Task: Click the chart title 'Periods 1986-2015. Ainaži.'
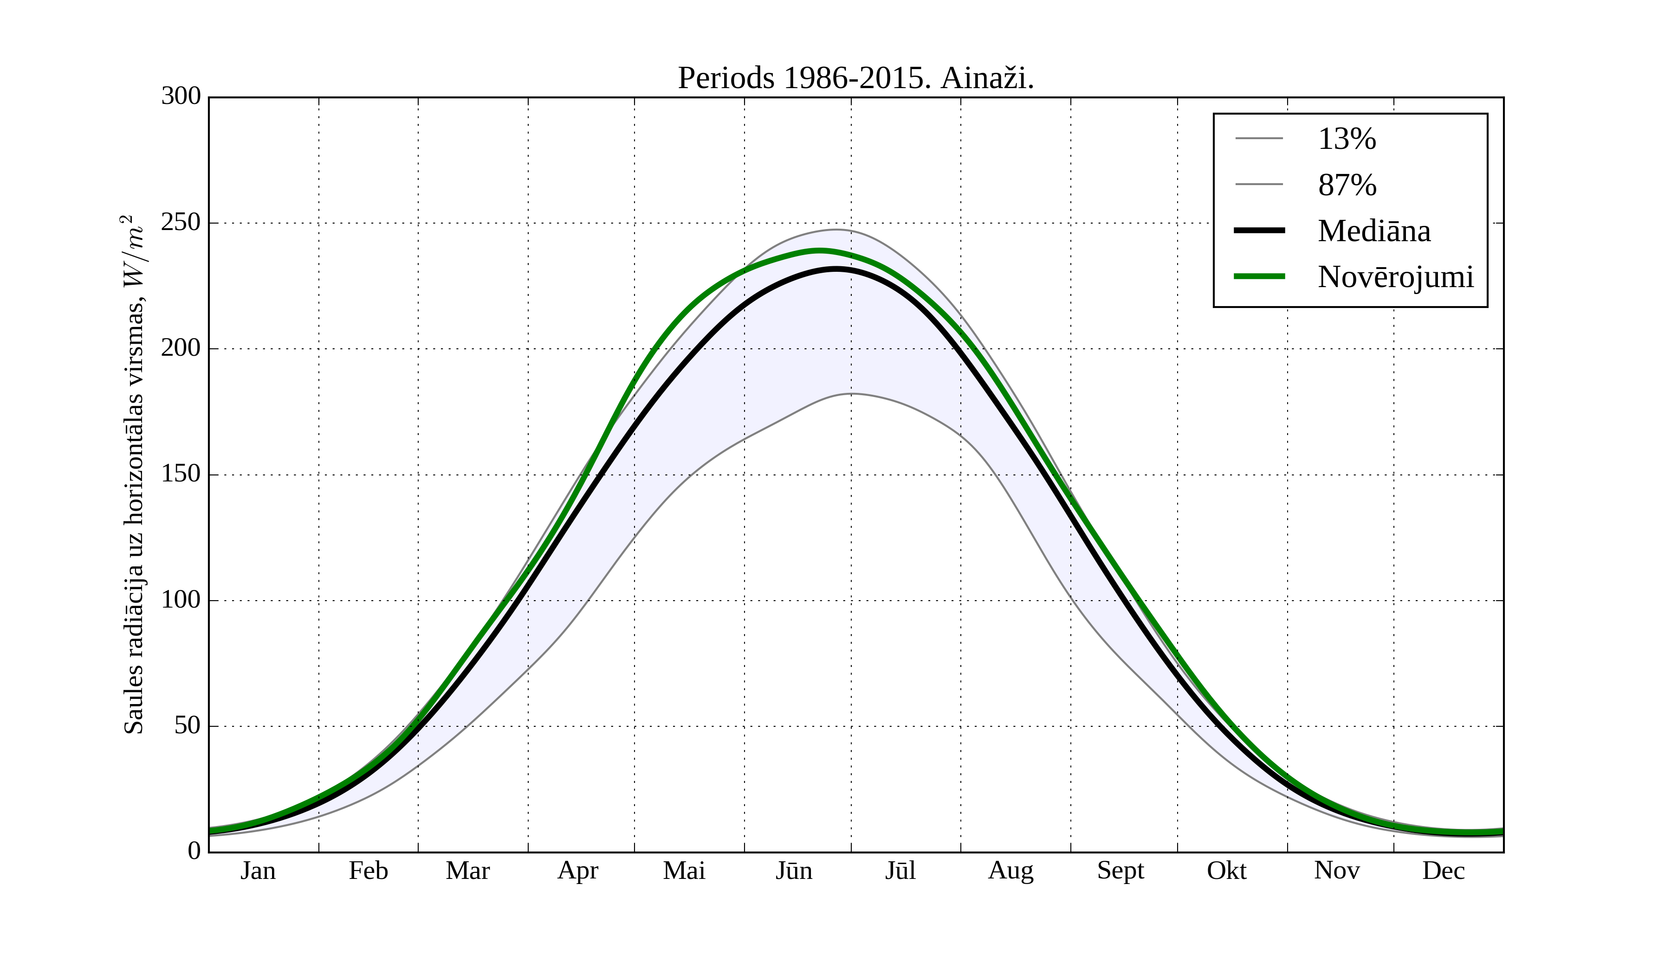pyautogui.click(x=855, y=78)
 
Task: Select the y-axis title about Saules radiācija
pyautogui.click(x=134, y=474)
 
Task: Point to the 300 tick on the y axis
pyautogui.click(x=181, y=97)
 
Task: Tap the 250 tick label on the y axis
pyautogui.click(x=181, y=223)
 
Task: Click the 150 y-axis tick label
pyautogui.click(x=181, y=474)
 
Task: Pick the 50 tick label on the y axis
pyautogui.click(x=187, y=726)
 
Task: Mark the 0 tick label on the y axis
pyautogui.click(x=194, y=851)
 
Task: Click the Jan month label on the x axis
pyautogui.click(x=258, y=871)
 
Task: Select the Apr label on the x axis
pyautogui.click(x=577, y=871)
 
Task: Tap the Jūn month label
pyautogui.click(x=794, y=871)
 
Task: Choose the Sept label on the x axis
pyautogui.click(x=1120, y=871)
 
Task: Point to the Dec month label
pyautogui.click(x=1444, y=871)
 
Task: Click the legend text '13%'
pyautogui.click(x=1347, y=139)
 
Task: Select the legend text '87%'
pyautogui.click(x=1347, y=185)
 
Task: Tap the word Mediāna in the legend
pyautogui.click(x=1374, y=231)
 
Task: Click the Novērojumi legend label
pyautogui.click(x=1395, y=277)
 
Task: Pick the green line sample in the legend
pyautogui.click(x=1259, y=276)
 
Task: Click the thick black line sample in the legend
pyautogui.click(x=1259, y=231)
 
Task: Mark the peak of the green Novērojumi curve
pyautogui.click(x=820, y=251)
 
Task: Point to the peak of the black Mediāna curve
pyautogui.click(x=836, y=269)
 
